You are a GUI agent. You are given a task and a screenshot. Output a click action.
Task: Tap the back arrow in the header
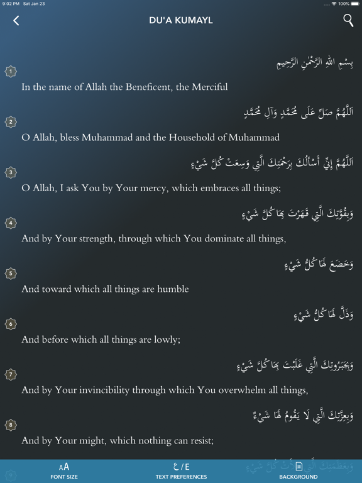16,20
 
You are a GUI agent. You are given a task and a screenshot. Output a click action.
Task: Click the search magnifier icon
348,20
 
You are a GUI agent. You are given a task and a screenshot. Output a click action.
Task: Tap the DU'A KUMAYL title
181,20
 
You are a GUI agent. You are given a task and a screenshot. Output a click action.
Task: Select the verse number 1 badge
11,72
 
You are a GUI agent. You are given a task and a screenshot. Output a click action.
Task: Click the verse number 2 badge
11,122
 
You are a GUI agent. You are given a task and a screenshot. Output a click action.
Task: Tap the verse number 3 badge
11,172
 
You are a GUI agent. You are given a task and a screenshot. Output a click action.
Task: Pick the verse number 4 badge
11,223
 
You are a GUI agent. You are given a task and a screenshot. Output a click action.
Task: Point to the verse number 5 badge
11,274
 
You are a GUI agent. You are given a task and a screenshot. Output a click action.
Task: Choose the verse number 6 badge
11,324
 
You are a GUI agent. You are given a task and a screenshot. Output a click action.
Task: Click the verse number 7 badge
11,374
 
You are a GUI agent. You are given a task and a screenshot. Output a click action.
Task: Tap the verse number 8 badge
11,425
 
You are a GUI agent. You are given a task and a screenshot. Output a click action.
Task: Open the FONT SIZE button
64,470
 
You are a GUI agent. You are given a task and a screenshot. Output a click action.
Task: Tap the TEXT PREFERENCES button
181,470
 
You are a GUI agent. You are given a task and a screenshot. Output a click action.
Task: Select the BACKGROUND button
299,470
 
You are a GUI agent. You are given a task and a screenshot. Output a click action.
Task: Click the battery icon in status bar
354,4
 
